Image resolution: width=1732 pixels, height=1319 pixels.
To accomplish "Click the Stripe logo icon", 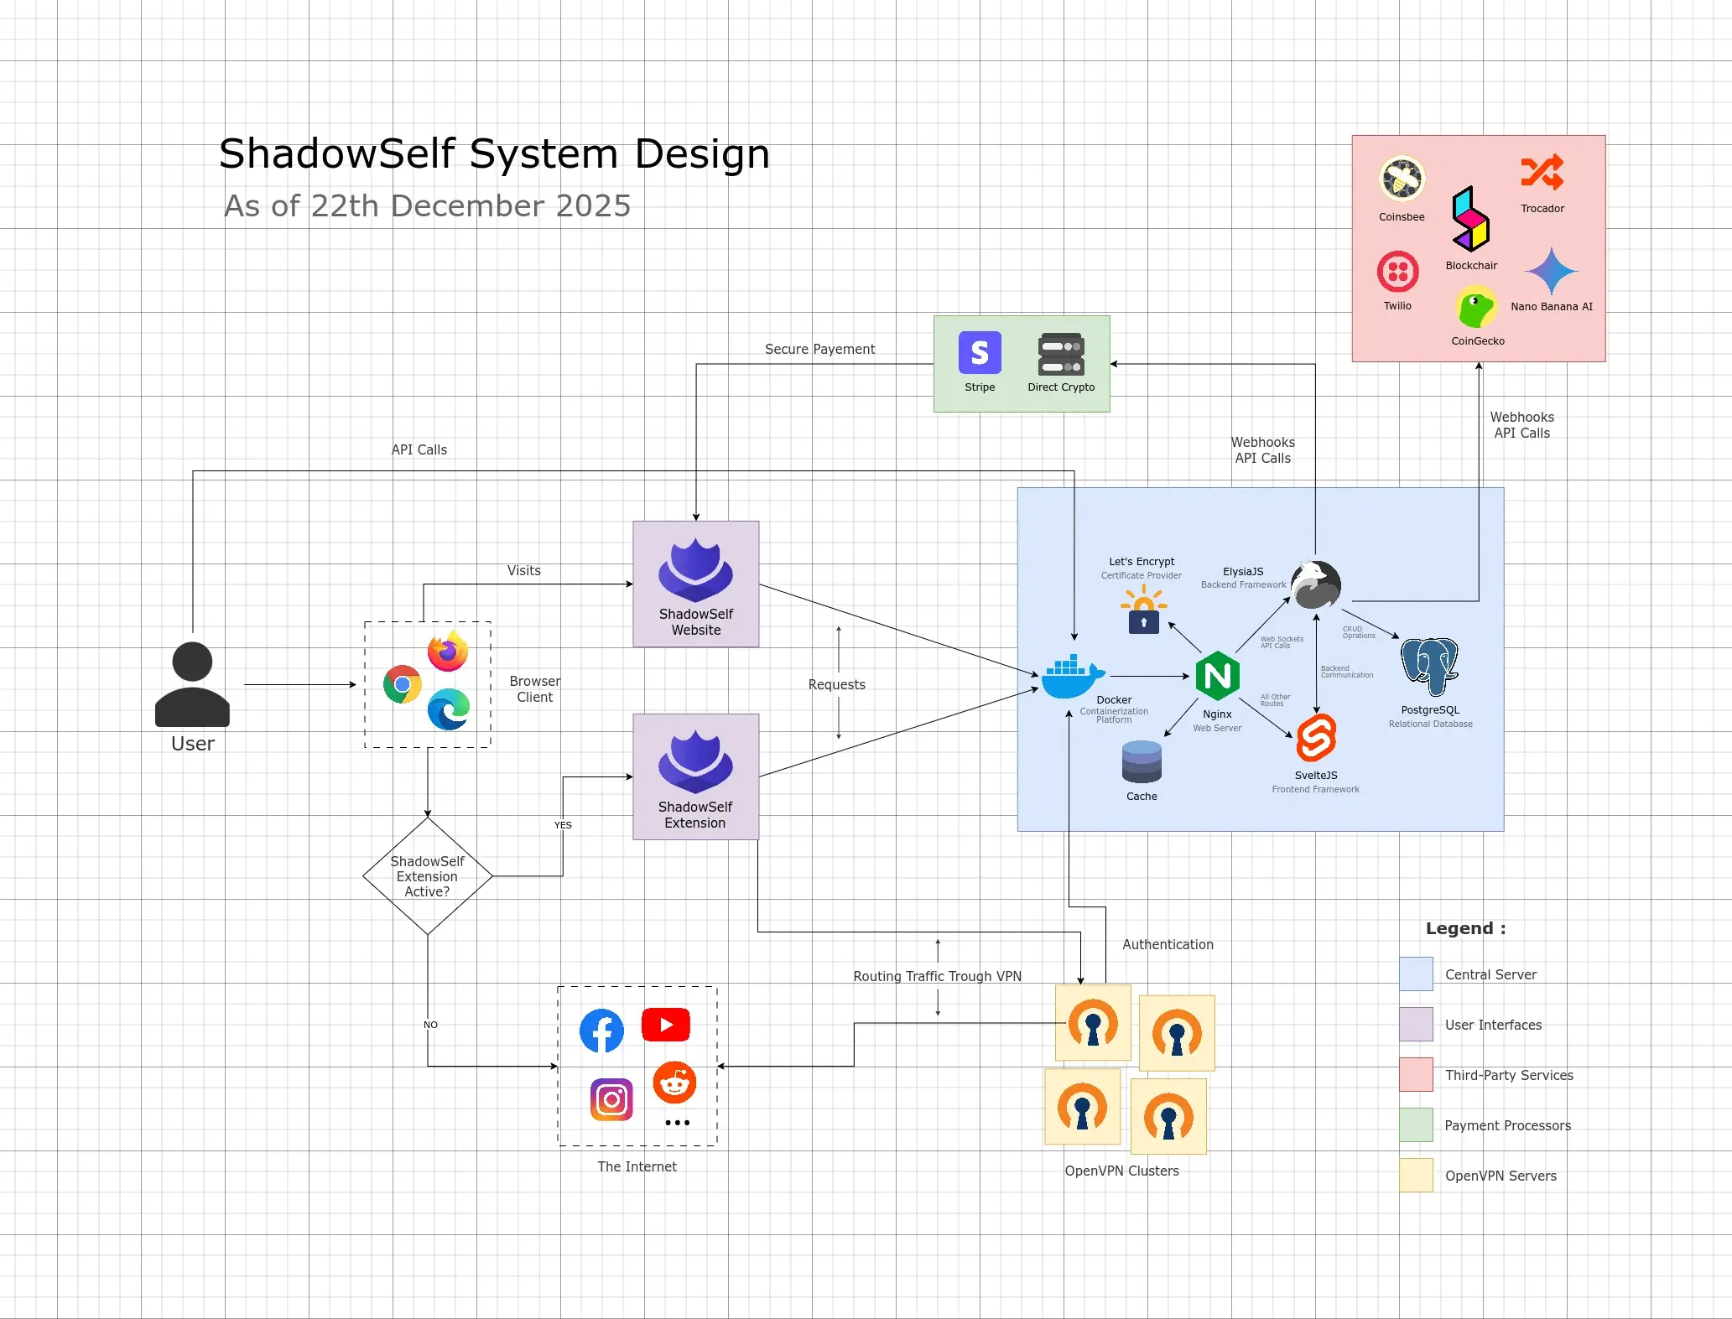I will tap(980, 352).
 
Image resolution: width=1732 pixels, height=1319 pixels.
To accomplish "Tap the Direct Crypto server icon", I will tap(1061, 355).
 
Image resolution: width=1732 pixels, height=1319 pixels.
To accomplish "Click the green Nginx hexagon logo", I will tap(1217, 676).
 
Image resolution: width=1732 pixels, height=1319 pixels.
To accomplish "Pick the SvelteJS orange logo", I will tap(1315, 738).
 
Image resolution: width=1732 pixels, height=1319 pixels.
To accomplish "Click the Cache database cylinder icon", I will tap(1142, 761).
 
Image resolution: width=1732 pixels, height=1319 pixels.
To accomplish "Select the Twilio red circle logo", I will tap(1397, 272).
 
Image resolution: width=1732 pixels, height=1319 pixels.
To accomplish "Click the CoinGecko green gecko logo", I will tap(1476, 308).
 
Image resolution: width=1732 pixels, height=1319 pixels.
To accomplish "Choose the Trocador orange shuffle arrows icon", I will tap(1542, 173).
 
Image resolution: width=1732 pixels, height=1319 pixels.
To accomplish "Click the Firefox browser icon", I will tap(448, 652).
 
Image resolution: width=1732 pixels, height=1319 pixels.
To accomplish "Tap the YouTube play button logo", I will tap(666, 1025).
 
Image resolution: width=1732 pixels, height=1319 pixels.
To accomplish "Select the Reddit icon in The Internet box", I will tap(674, 1083).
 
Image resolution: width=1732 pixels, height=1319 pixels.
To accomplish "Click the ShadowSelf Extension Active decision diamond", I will tap(427, 876).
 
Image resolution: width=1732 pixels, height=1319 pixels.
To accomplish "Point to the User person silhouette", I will tap(192, 684).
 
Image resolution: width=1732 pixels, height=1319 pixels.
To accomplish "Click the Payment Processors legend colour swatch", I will tap(1416, 1125).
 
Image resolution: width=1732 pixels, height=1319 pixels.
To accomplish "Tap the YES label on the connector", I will tap(563, 825).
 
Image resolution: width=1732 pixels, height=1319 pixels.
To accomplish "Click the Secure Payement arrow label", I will tap(819, 349).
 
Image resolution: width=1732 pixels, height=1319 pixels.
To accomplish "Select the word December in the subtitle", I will tap(457, 206).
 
